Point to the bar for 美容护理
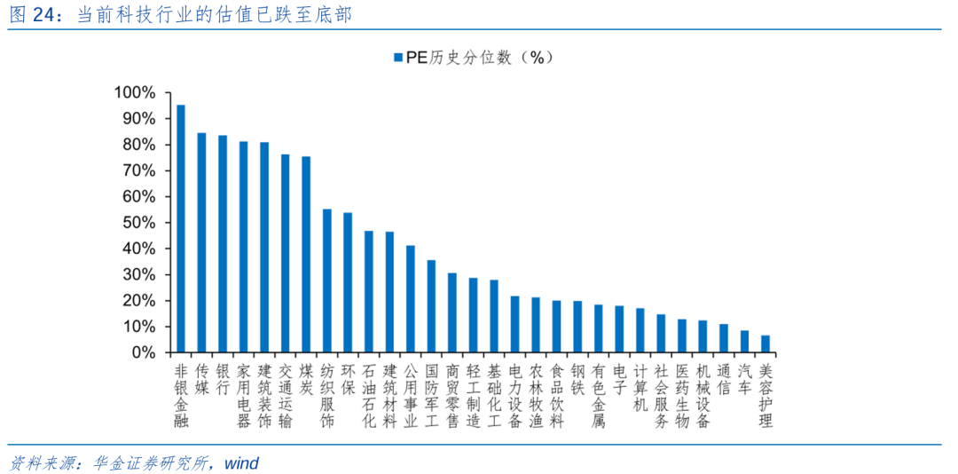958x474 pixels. coord(766,344)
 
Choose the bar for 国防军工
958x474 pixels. coord(431,306)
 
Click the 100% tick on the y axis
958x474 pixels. coord(134,92)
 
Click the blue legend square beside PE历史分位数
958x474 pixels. coord(396,58)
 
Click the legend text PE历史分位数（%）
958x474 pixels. coord(479,58)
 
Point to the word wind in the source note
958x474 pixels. coord(240,462)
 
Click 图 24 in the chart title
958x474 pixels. coord(31,15)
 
